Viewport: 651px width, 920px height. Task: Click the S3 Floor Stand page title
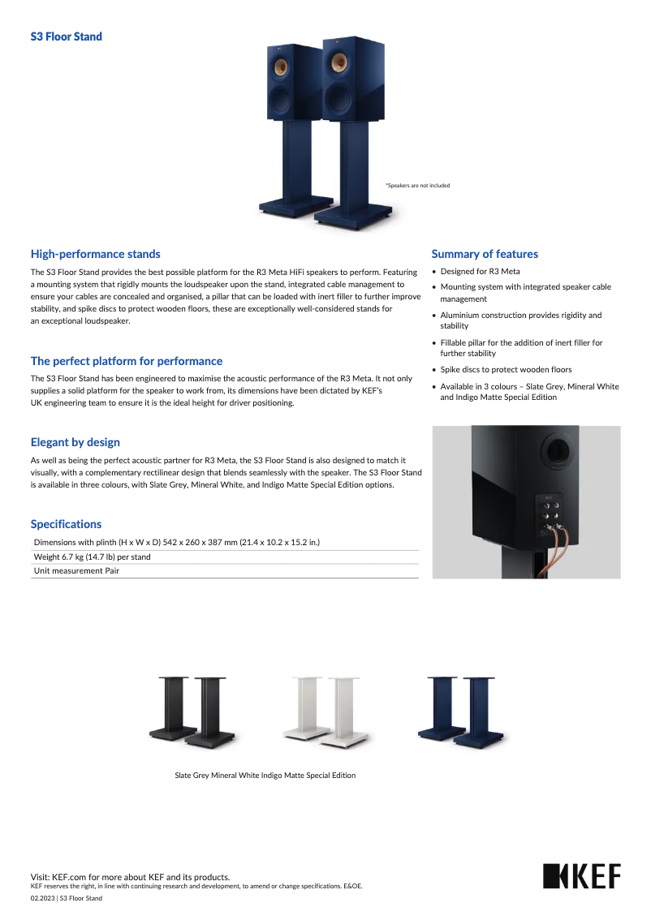[66, 37]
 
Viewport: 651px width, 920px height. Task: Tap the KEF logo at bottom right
[581, 876]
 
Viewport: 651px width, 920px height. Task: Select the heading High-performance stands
[95, 254]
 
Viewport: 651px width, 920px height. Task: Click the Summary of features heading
[485, 254]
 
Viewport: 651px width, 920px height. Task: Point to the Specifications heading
[66, 524]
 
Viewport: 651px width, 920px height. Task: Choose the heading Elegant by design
[75, 442]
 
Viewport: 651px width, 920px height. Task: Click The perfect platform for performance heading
[126, 361]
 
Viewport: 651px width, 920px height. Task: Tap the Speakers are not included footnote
[417, 186]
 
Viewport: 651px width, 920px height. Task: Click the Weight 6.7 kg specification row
[92, 557]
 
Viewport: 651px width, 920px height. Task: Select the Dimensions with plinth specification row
[176, 542]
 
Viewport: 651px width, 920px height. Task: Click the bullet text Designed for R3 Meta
[480, 272]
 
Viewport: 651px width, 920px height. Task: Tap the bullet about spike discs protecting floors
[506, 370]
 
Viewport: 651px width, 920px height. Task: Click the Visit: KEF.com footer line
[130, 877]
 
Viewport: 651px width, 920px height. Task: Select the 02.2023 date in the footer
[42, 898]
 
